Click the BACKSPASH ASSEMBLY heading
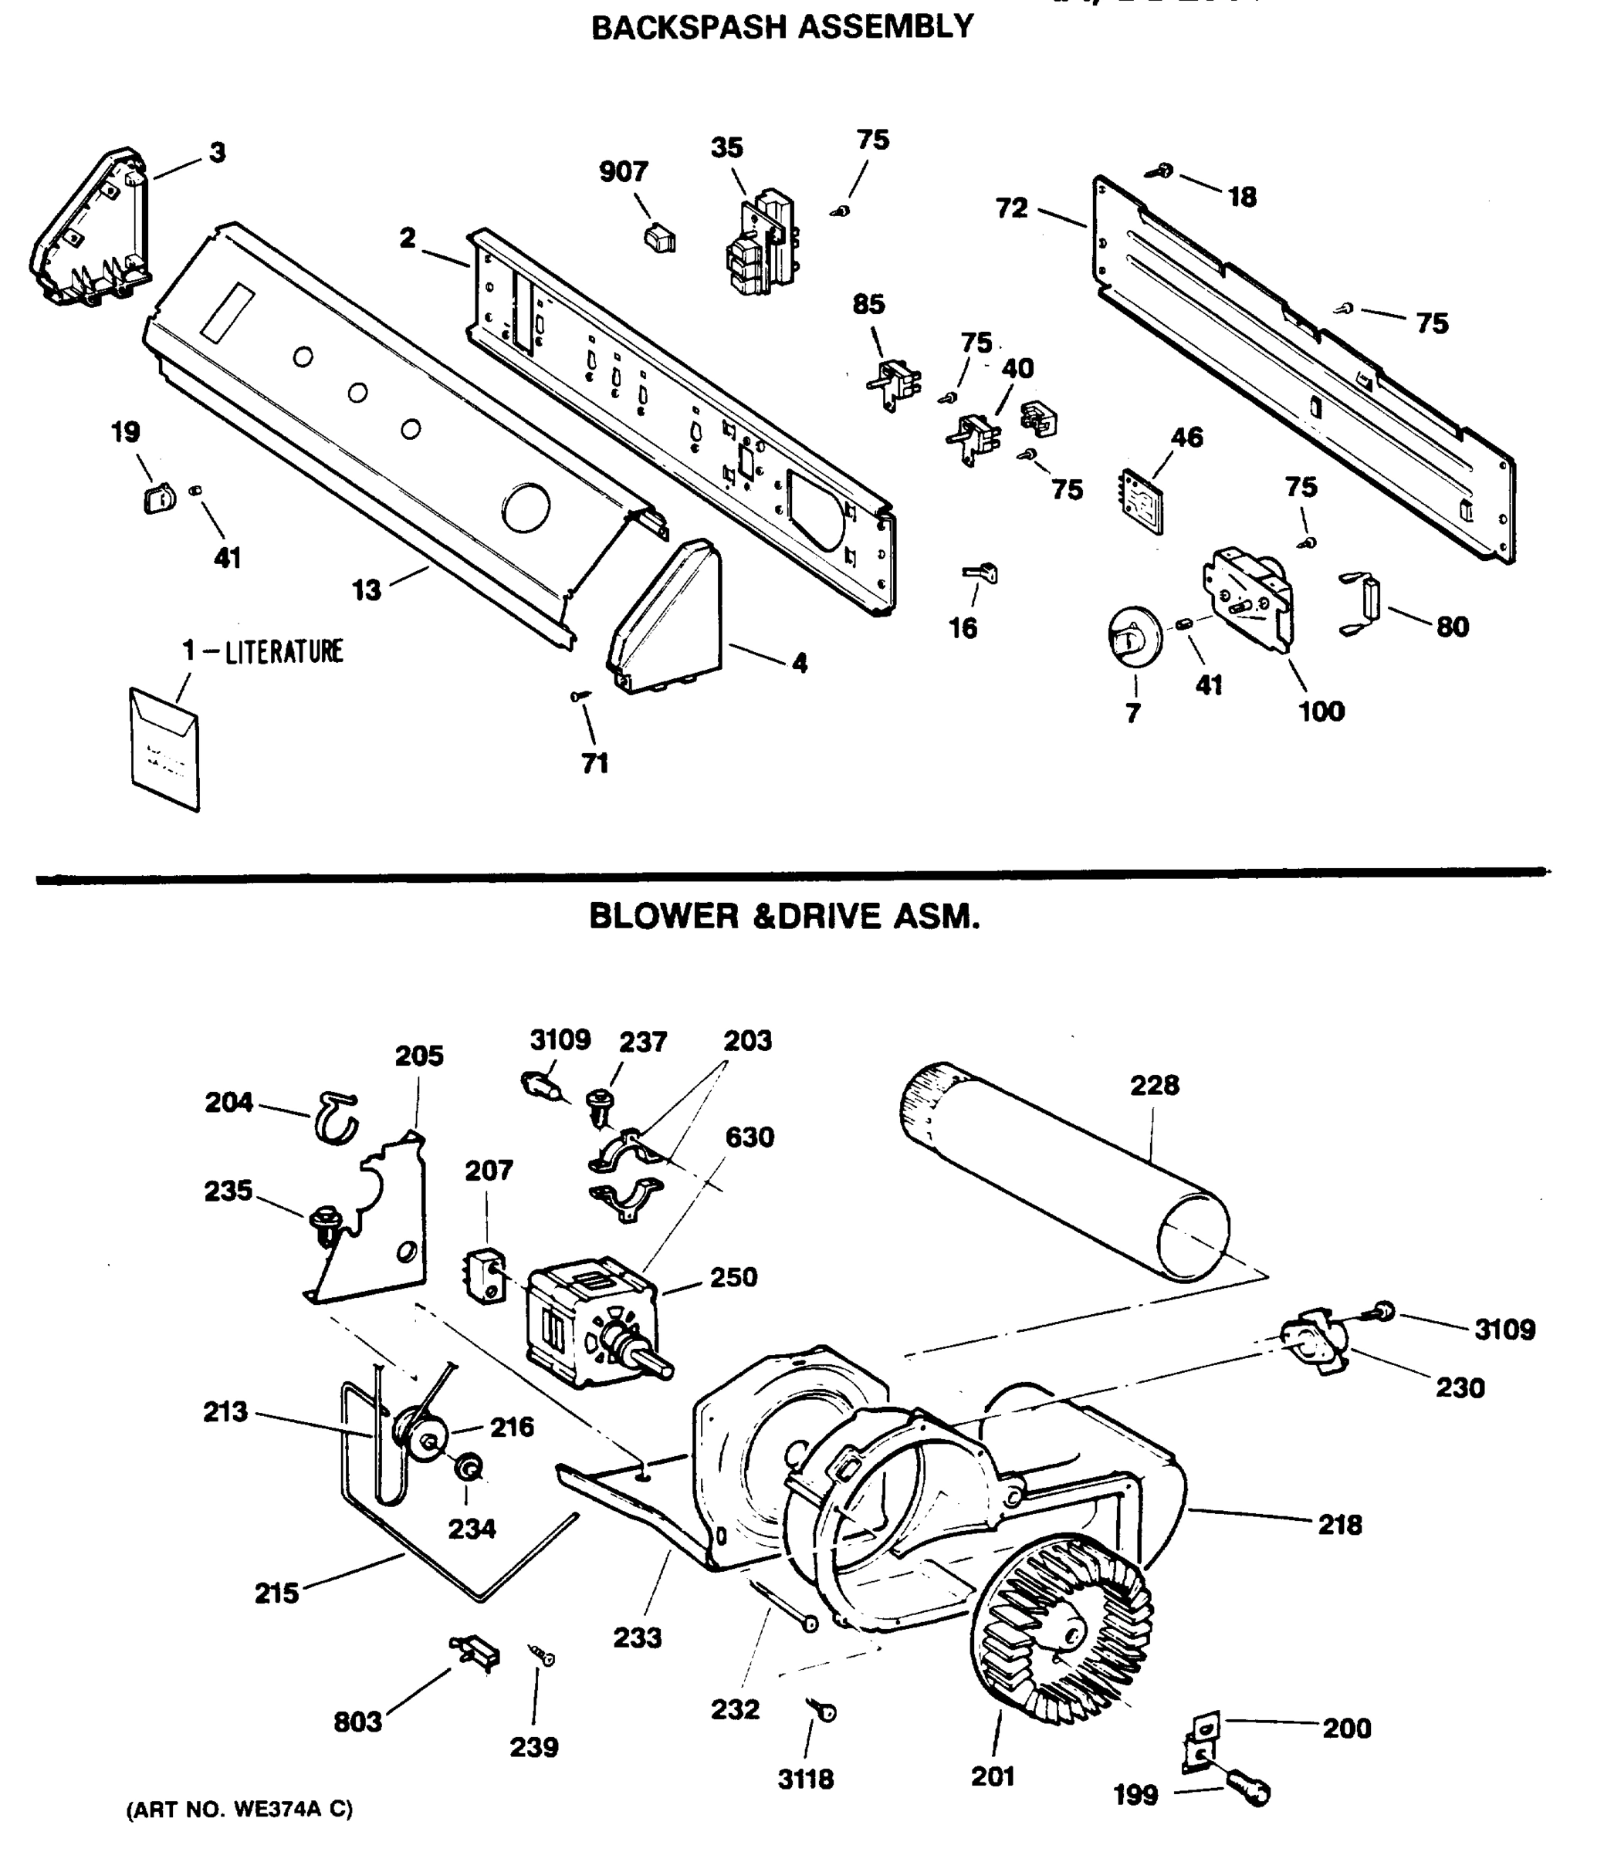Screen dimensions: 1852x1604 click(x=782, y=27)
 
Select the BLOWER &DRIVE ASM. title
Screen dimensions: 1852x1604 click(x=784, y=916)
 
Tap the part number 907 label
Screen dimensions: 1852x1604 click(x=623, y=172)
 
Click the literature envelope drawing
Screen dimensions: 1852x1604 click(x=164, y=748)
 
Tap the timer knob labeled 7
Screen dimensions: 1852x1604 click(x=1133, y=637)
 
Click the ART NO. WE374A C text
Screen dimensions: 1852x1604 click(x=240, y=1809)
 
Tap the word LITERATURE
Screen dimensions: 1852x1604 click(x=284, y=651)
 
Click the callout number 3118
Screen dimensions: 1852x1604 click(x=806, y=1779)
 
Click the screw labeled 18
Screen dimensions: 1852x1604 click(x=1162, y=170)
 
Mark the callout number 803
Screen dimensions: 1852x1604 click(x=357, y=1722)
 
